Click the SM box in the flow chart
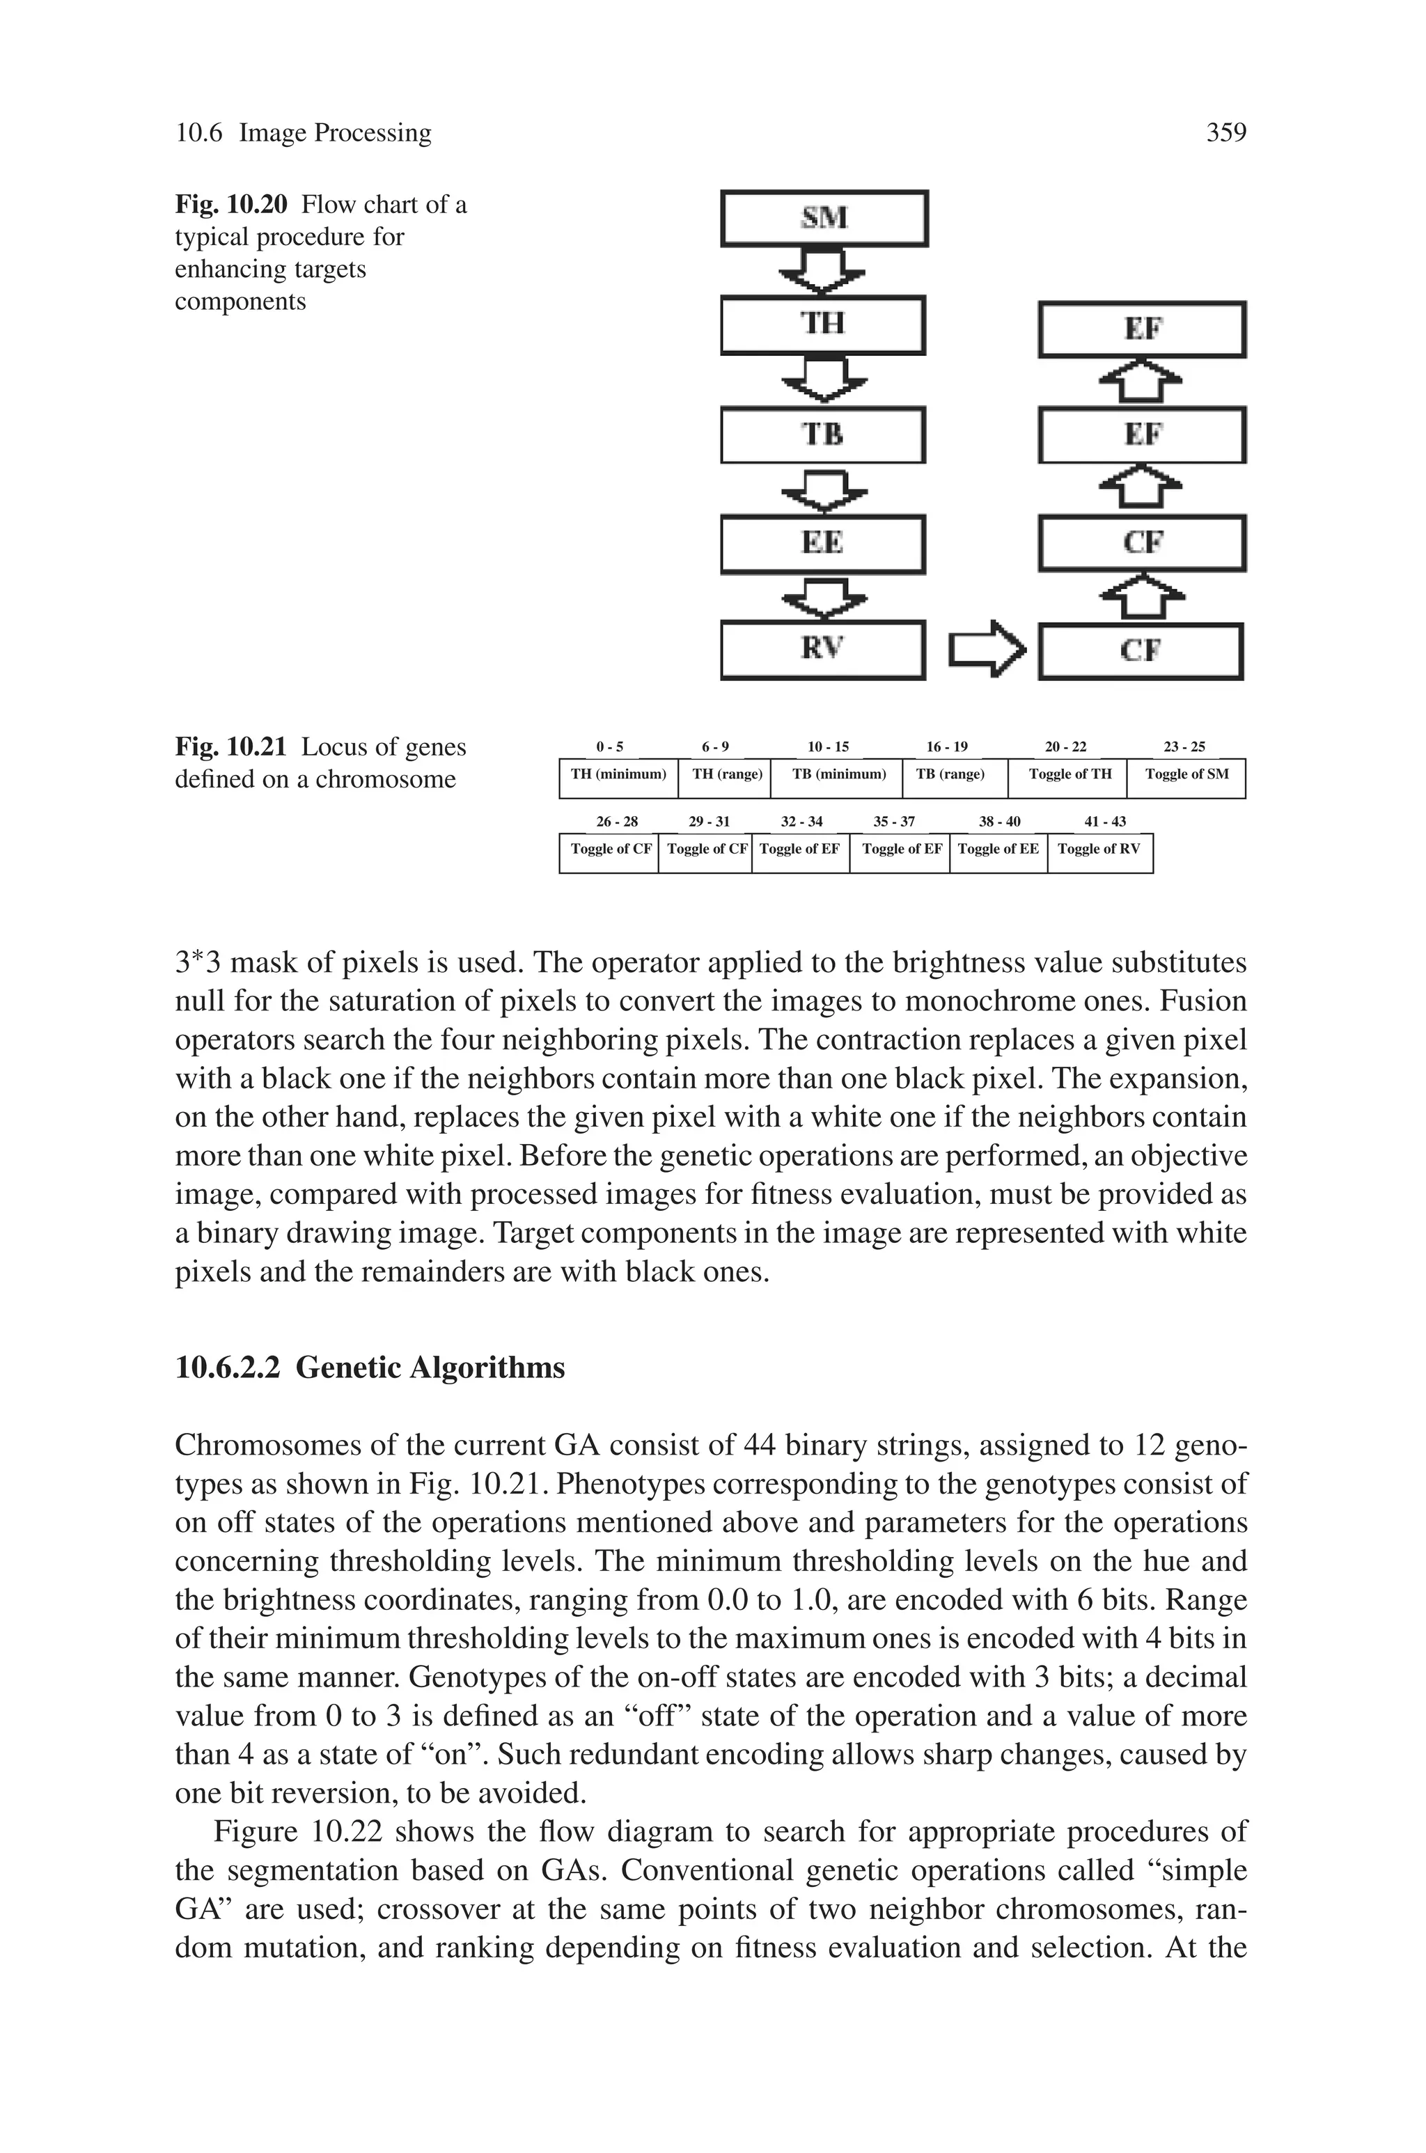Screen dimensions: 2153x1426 pyautogui.click(x=824, y=218)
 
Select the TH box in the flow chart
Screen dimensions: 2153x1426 pyautogui.click(x=823, y=324)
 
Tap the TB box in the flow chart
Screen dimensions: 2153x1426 pyautogui.click(x=823, y=434)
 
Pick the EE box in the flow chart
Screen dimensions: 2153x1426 pyautogui.click(x=823, y=544)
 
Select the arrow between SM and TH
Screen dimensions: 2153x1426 pyautogui.click(x=823, y=272)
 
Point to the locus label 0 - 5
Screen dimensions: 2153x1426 pyautogui.click(x=609, y=747)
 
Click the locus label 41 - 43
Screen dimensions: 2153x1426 pyautogui.click(x=1105, y=822)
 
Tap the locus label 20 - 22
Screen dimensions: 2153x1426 pyautogui.click(x=1065, y=747)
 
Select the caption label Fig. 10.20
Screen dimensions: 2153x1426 pyautogui.click(x=231, y=205)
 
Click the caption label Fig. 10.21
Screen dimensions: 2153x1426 pyautogui.click(x=231, y=747)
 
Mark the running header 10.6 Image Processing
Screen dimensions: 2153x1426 pyautogui.click(x=303, y=133)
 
